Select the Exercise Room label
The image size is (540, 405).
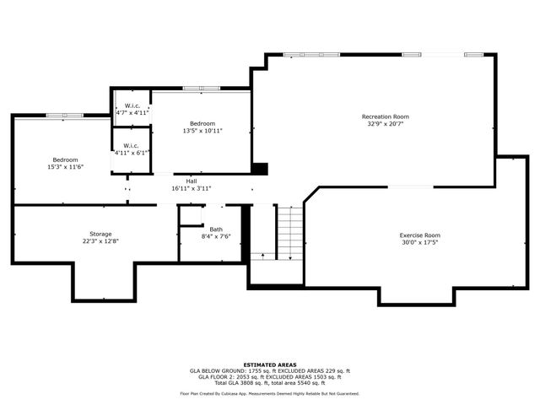(419, 235)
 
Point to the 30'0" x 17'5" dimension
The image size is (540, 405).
(419, 242)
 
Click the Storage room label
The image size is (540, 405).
(100, 234)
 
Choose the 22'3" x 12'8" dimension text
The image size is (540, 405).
(100, 241)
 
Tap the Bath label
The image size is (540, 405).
(216, 229)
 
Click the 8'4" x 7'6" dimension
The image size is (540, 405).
(216, 237)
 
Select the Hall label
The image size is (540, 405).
(192, 181)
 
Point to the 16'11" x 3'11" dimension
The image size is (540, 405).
(192, 188)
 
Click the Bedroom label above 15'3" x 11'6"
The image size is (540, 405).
(65, 159)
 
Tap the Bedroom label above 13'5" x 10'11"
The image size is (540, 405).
(202, 123)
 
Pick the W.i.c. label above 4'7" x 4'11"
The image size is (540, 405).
(132, 105)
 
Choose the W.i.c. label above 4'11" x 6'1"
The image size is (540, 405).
(132, 145)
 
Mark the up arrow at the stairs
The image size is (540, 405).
(262, 253)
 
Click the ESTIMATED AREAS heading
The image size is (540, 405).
(269, 364)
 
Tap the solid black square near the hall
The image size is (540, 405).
(260, 169)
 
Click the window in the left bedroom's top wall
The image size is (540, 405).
(64, 115)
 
